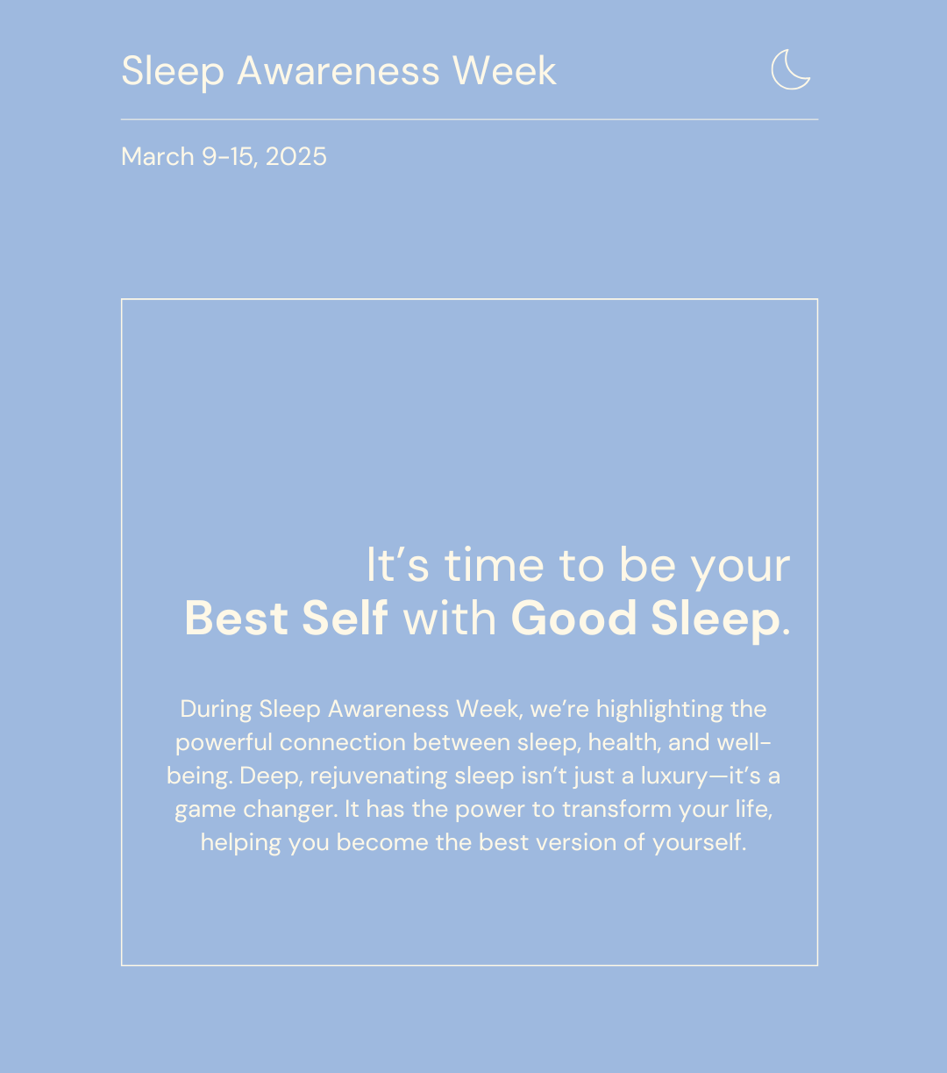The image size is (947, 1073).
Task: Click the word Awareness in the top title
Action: click(x=338, y=70)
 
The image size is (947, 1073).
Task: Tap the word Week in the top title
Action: click(x=504, y=70)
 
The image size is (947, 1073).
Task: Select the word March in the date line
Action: click(x=158, y=157)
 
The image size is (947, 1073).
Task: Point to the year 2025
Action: click(x=295, y=157)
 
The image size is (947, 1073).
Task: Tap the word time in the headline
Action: click(x=494, y=566)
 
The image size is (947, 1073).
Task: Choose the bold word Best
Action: click(x=236, y=618)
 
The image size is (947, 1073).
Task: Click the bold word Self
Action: click(x=345, y=618)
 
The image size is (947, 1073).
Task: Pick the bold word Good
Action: click(x=573, y=618)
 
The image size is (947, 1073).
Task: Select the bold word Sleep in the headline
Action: click(x=716, y=620)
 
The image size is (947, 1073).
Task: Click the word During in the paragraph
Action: click(x=216, y=709)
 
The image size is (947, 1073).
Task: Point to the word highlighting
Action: click(x=659, y=710)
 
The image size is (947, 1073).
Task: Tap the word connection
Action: click(x=343, y=742)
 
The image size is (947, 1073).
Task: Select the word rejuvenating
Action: click(x=379, y=776)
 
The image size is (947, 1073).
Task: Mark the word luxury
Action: click(x=673, y=776)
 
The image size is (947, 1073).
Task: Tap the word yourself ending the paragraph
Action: click(x=699, y=843)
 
